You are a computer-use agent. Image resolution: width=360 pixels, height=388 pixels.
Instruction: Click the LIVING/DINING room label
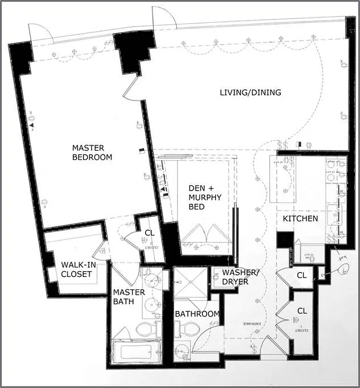coord(250,92)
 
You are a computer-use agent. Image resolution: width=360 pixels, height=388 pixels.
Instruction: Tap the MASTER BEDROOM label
coord(92,152)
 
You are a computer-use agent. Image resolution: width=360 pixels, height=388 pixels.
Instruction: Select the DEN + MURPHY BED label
coord(205,197)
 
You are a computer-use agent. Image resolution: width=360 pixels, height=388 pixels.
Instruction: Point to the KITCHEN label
coord(301,219)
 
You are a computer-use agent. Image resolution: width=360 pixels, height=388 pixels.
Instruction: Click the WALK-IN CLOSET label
coord(76,270)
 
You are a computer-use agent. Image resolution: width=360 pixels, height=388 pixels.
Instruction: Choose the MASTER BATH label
coord(129,297)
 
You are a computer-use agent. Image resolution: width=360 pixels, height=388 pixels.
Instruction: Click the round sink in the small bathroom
coord(183,352)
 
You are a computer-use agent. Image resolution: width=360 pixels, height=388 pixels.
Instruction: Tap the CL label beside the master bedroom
coord(149,233)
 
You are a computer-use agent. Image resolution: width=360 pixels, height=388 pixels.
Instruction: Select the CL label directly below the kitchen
coord(302,275)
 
